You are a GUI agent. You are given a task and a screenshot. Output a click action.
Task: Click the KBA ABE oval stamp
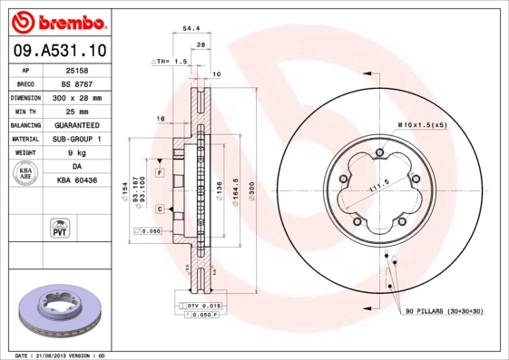click(x=26, y=174)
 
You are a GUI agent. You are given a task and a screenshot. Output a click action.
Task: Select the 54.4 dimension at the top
click(x=191, y=29)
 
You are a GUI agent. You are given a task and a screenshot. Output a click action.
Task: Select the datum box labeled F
click(x=159, y=172)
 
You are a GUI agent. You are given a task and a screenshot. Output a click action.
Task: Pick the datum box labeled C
click(x=159, y=209)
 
